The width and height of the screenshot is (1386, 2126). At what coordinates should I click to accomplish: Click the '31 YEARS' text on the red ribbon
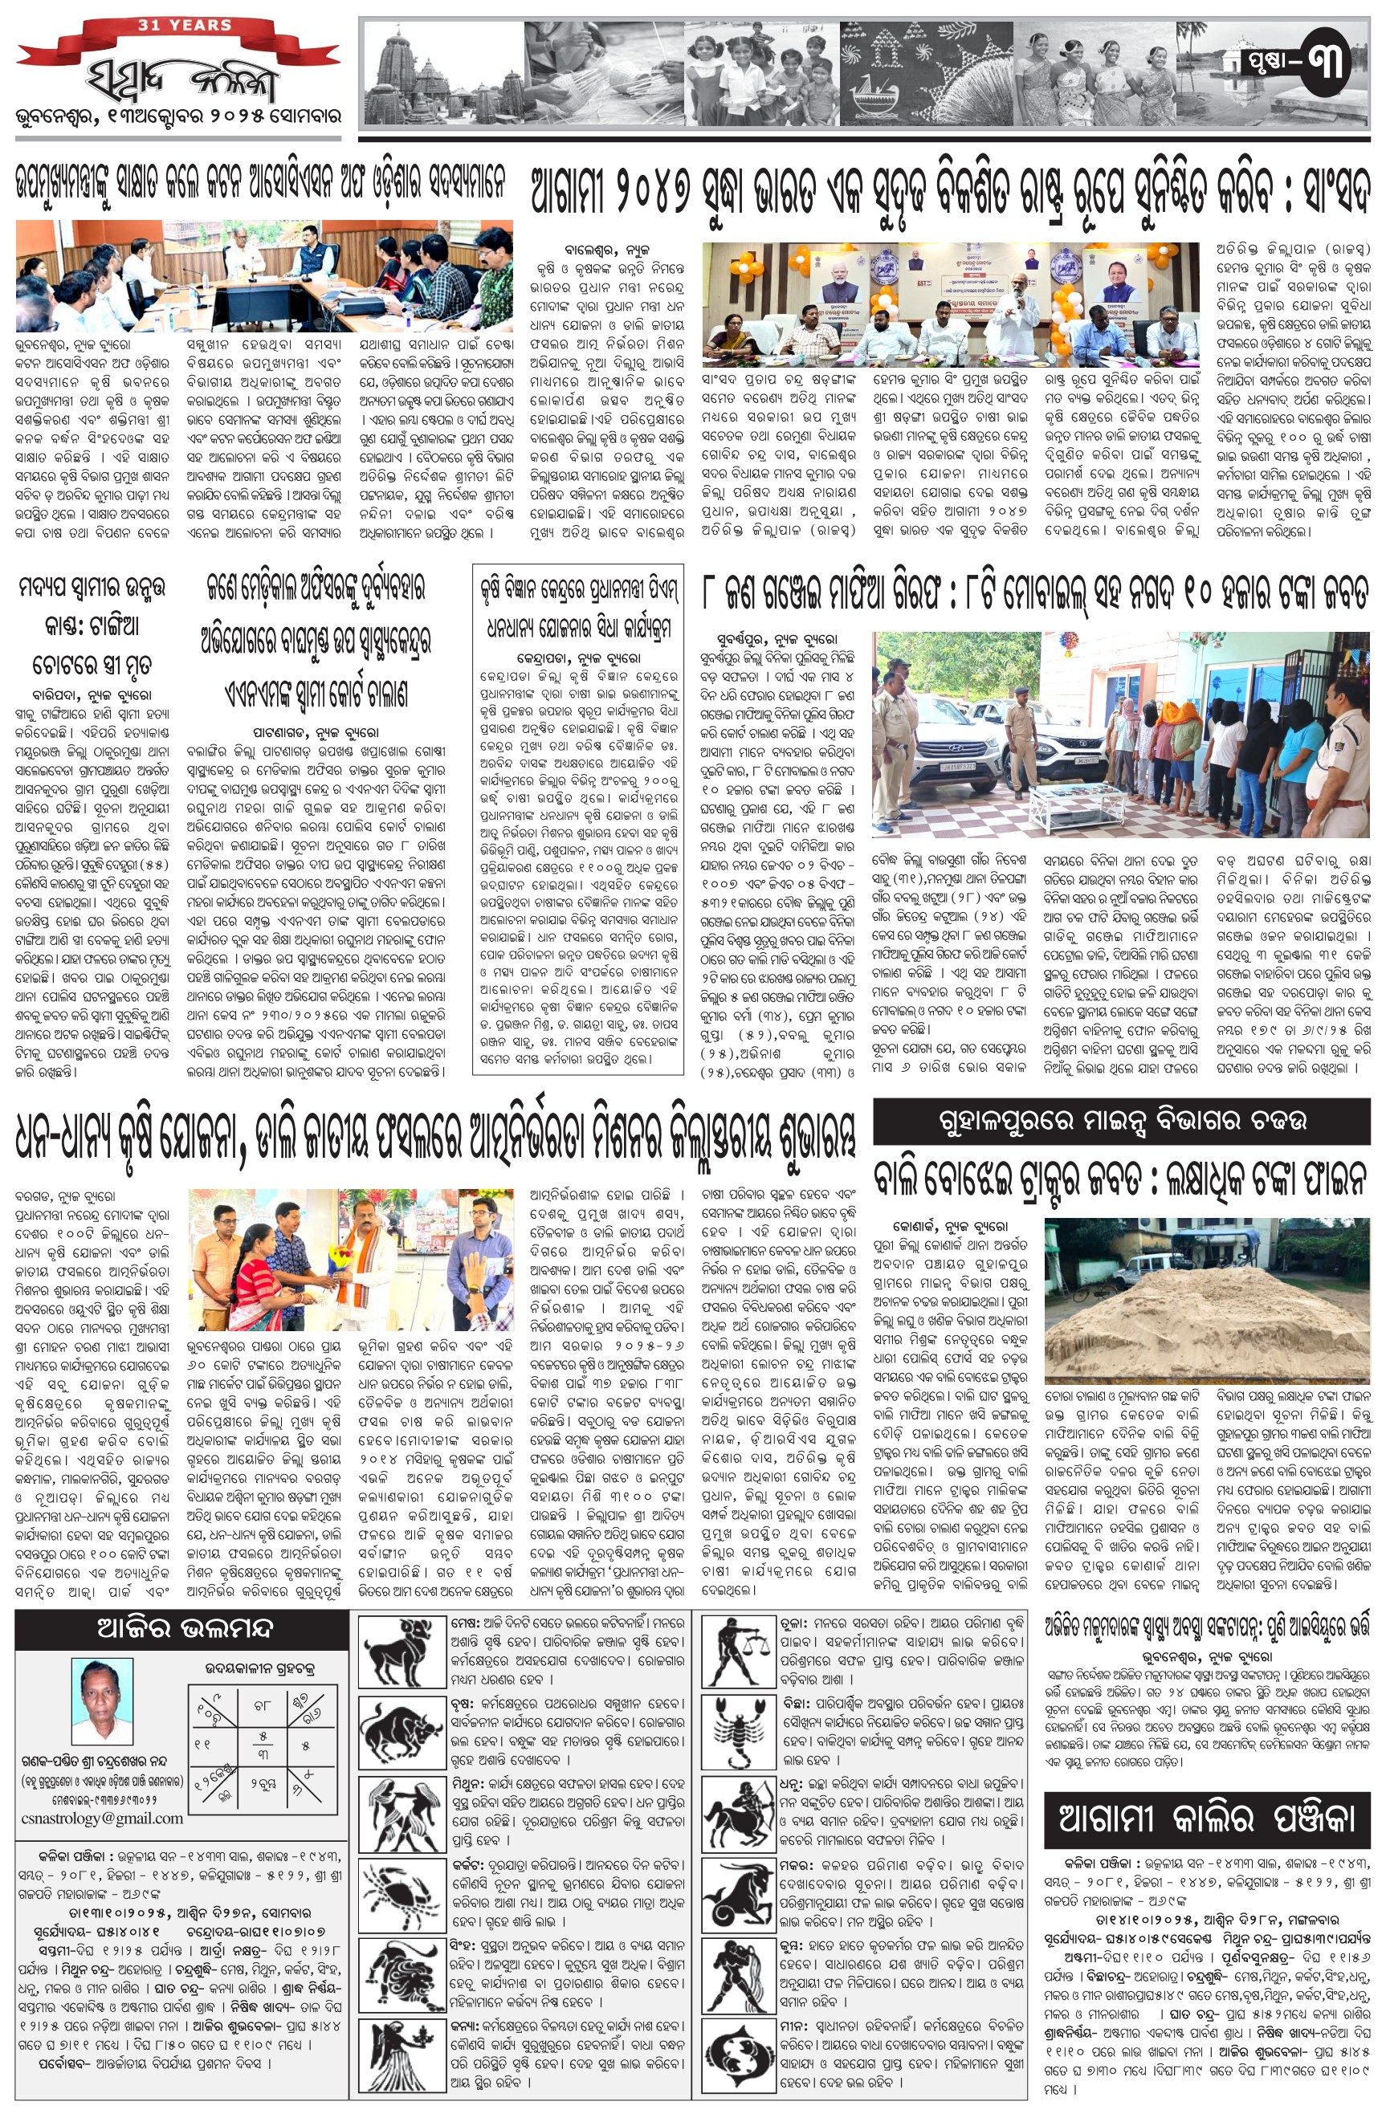184,25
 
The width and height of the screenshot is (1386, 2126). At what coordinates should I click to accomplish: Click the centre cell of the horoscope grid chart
263,1743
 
